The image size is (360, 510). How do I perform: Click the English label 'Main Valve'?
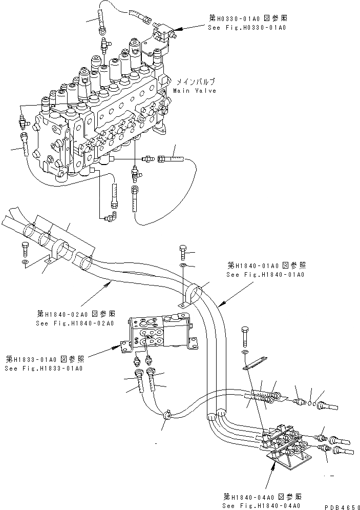194,91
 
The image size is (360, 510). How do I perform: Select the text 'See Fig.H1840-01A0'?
265,275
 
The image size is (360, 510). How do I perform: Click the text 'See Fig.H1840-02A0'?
75,323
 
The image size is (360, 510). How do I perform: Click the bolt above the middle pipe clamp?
184,252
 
